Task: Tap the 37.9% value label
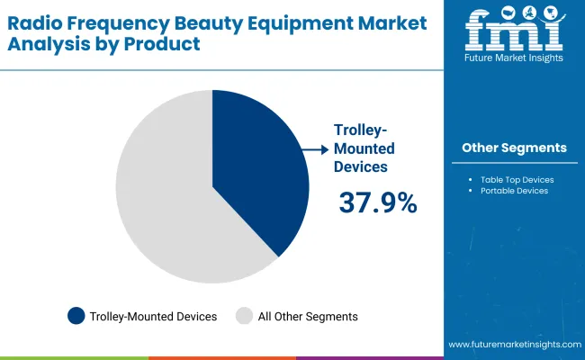(x=378, y=203)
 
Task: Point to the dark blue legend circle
(x=76, y=316)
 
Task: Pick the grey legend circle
(x=245, y=316)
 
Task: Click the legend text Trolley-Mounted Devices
(x=154, y=316)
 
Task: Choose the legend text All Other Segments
(x=308, y=316)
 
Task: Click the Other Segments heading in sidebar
(x=514, y=148)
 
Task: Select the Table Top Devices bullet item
(x=517, y=179)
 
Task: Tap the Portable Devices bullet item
(x=514, y=191)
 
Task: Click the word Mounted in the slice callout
(x=365, y=148)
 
